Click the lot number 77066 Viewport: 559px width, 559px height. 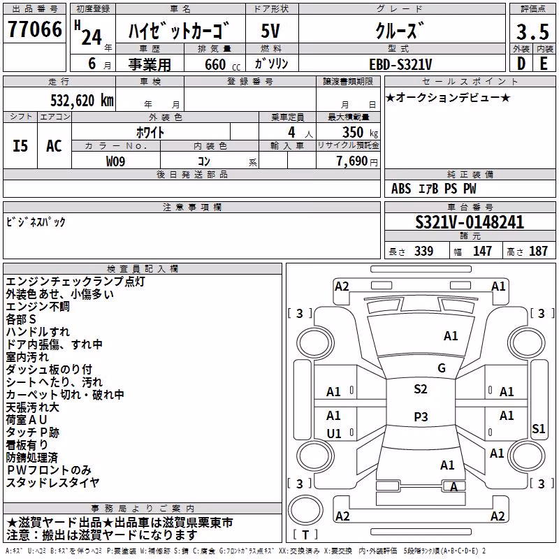click(x=34, y=29)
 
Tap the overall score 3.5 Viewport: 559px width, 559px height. click(x=532, y=31)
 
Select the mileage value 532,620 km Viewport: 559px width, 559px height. click(x=82, y=101)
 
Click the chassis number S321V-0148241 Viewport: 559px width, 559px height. click(x=470, y=222)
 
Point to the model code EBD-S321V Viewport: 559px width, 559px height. click(x=400, y=64)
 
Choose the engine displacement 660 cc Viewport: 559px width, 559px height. click(x=222, y=64)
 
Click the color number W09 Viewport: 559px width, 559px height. click(x=115, y=161)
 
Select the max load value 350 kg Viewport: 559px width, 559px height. click(x=360, y=132)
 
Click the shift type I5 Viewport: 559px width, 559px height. click(x=20, y=146)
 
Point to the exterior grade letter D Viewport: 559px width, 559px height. click(x=521, y=64)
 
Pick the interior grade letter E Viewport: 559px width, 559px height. click(x=544, y=64)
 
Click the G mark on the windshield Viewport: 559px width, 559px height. click(x=442, y=368)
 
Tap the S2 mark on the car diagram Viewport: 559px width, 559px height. click(x=421, y=389)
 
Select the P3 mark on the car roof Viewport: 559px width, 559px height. click(x=421, y=416)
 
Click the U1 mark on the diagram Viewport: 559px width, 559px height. click(x=334, y=433)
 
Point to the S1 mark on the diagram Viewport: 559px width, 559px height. click(x=538, y=428)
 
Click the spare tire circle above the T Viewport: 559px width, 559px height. click(x=305, y=509)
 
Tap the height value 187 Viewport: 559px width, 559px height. click(x=538, y=251)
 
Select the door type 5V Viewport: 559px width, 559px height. click(x=270, y=31)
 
